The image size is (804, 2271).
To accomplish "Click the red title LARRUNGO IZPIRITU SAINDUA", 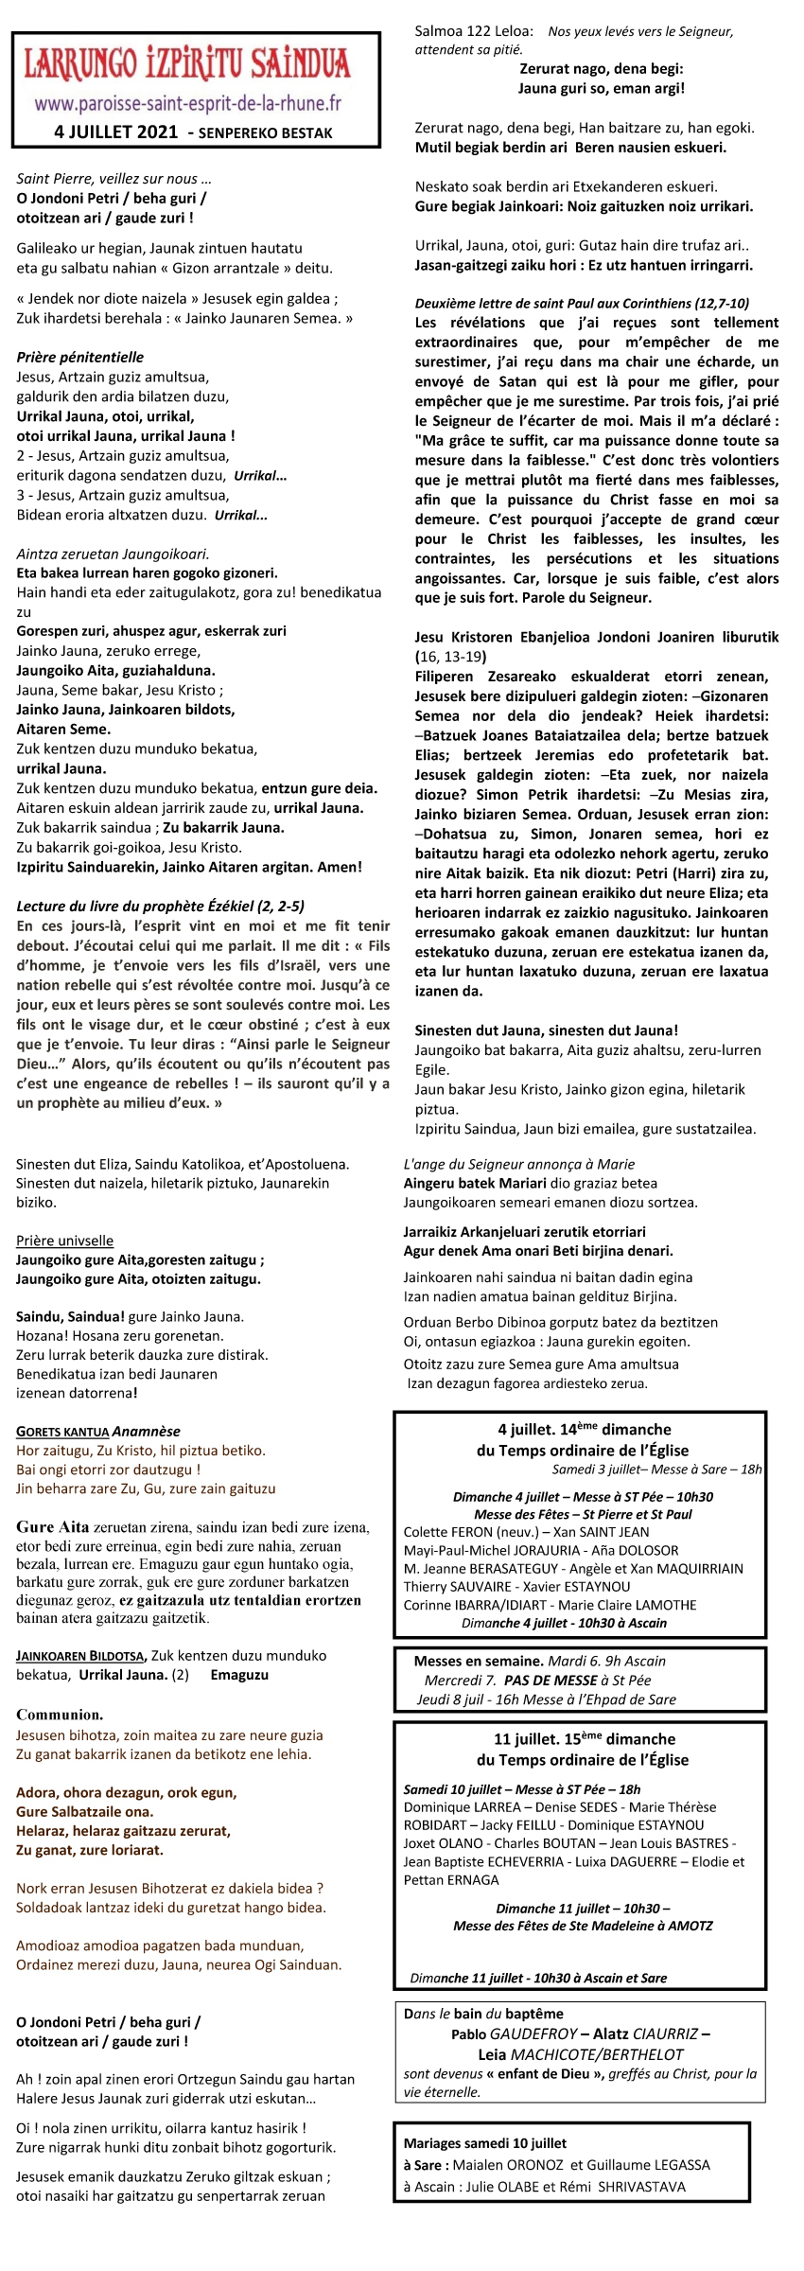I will (187, 64).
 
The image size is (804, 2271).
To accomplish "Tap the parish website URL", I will (187, 103).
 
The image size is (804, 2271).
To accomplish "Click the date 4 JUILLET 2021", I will (115, 132).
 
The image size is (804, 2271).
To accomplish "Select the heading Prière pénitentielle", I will (80, 357).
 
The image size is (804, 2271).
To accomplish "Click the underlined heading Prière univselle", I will (64, 1241).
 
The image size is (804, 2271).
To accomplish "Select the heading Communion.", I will (60, 1715).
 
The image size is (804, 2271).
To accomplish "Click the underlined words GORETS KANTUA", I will (62, 1432).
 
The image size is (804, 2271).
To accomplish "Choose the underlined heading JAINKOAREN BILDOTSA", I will (80, 1656).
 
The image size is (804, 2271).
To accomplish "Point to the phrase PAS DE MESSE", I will (550, 1680).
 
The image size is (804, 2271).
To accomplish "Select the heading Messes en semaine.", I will (478, 1661).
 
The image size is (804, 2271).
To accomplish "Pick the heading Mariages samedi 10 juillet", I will (485, 2143).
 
